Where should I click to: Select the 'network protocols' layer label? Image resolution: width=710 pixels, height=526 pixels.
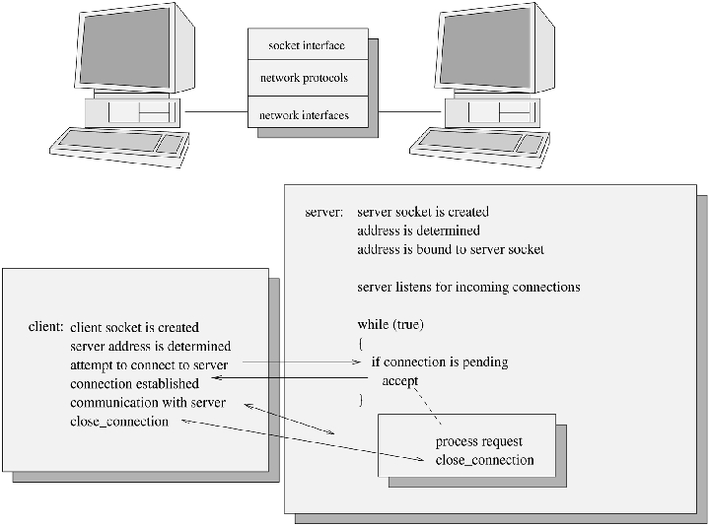(304, 77)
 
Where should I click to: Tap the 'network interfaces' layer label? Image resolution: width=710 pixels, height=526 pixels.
(304, 115)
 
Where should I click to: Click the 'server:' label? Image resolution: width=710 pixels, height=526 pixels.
(324, 212)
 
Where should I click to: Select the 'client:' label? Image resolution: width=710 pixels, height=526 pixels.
(46, 327)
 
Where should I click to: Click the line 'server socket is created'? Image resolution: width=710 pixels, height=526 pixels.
(422, 212)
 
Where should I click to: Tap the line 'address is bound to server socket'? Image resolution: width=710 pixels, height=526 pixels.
(450, 249)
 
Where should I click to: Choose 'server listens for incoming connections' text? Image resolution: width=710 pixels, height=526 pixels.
(467, 288)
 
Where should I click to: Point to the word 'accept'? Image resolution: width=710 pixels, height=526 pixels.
(399, 381)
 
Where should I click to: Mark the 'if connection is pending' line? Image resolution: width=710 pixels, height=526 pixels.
(439, 362)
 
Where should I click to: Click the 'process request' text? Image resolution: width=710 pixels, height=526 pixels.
(478, 442)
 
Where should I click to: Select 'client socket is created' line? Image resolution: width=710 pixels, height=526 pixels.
(135, 327)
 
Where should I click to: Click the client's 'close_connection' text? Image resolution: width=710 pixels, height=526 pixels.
(118, 422)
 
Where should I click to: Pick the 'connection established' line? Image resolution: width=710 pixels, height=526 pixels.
(134, 383)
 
